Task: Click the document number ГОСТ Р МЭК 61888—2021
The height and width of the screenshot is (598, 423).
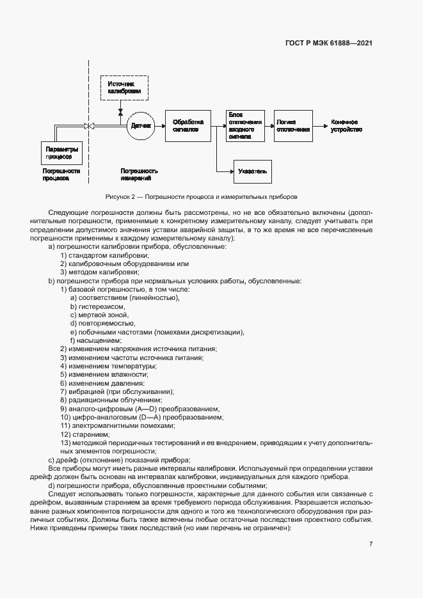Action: click(x=328, y=43)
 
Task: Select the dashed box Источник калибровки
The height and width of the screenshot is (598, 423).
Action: click(x=124, y=88)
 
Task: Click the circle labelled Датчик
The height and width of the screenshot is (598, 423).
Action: click(x=141, y=126)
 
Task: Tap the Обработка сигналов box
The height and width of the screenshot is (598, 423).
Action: click(x=188, y=125)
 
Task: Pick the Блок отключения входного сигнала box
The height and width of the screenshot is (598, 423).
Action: click(x=245, y=125)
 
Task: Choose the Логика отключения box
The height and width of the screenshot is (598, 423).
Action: click(x=293, y=125)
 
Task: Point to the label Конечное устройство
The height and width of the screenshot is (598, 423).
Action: click(x=346, y=125)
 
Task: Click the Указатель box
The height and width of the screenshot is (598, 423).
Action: click(x=253, y=171)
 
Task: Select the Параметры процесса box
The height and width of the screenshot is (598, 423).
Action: click(x=61, y=153)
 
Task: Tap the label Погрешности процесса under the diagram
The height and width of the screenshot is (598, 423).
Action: click(x=61, y=175)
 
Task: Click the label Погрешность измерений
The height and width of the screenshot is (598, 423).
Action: click(x=139, y=175)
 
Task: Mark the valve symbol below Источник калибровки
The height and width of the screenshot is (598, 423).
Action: click(x=120, y=111)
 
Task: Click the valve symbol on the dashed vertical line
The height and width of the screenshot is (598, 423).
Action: click(x=90, y=126)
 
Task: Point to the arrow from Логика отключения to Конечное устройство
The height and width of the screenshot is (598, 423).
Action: click(x=321, y=126)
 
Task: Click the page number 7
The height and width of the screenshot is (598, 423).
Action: click(x=371, y=544)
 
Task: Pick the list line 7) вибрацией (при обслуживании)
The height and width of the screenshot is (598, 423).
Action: click(x=116, y=391)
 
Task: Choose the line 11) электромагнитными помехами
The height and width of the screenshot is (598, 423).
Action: click(x=117, y=425)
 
